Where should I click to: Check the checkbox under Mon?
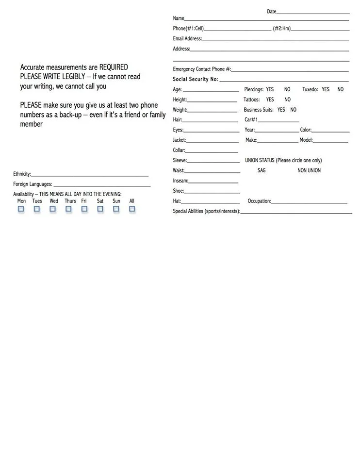[x=21, y=209]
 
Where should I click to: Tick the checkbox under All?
[x=132, y=209]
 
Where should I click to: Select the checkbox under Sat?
[x=100, y=209]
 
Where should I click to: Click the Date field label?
[x=271, y=12]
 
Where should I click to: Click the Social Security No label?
[x=196, y=79]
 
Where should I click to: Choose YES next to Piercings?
[x=270, y=89]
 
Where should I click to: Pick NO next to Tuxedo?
[x=341, y=89]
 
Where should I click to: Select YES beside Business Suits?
[x=281, y=110]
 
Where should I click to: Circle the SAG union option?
[x=262, y=170]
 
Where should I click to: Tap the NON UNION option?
[x=309, y=170]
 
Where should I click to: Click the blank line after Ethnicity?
[x=90, y=175]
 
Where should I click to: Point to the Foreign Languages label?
[x=33, y=184]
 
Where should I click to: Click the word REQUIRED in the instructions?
[x=114, y=67]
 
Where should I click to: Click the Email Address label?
[x=187, y=39]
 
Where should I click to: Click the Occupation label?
[x=259, y=201]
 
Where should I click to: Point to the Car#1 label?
[x=251, y=120]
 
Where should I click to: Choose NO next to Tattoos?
[x=288, y=100]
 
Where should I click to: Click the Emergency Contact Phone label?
[x=202, y=69]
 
